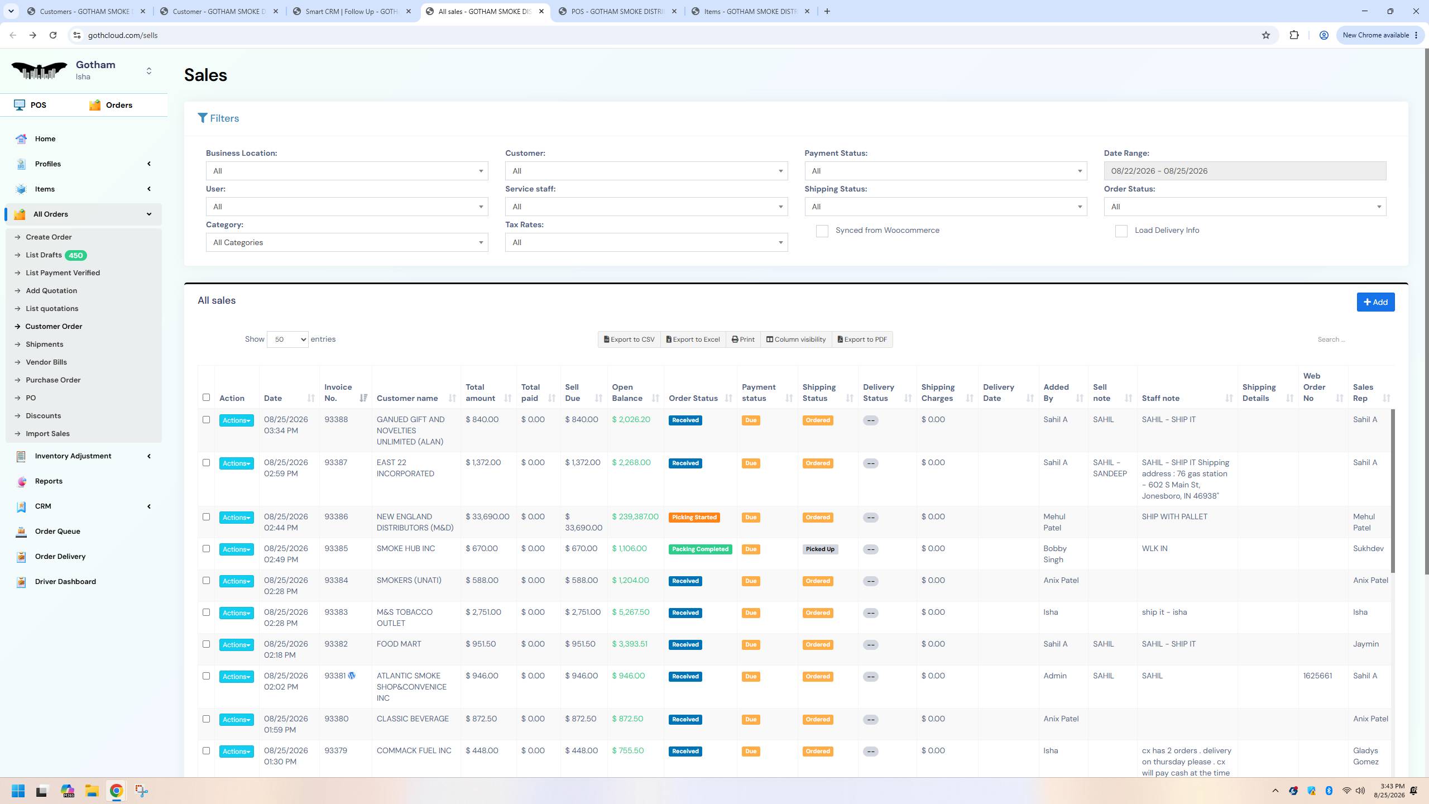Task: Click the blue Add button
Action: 1375,302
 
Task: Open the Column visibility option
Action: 795,339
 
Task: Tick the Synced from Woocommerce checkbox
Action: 822,231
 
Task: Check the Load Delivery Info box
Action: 1121,231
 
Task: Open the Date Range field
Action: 1245,171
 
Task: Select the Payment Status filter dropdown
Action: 946,171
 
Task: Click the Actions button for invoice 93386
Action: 236,518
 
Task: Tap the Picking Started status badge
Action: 694,518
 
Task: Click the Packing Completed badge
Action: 700,549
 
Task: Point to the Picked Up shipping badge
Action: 820,549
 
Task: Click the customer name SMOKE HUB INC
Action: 406,549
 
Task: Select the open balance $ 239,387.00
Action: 635,517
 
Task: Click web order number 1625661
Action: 1317,676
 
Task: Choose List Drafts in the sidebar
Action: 44,255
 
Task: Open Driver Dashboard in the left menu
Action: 65,582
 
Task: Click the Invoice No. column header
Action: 338,393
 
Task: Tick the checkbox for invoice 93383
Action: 206,612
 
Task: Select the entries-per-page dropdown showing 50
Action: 287,339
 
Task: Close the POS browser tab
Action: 674,11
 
